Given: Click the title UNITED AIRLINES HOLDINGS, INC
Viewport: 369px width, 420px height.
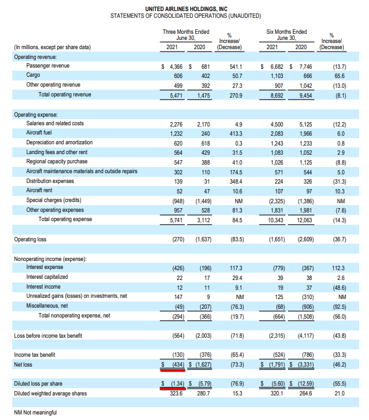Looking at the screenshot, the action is (186, 9).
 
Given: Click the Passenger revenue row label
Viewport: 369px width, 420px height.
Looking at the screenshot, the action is (48, 66).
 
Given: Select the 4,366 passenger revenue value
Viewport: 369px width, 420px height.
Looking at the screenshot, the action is (176, 67).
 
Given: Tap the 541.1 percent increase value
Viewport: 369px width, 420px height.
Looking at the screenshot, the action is (236, 67).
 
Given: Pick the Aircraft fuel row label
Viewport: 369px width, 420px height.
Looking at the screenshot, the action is (39, 133).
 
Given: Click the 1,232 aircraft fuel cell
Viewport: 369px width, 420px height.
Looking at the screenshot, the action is (176, 134).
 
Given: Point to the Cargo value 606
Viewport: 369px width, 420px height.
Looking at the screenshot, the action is (178, 76).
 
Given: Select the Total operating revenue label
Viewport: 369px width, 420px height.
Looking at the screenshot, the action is (65, 95).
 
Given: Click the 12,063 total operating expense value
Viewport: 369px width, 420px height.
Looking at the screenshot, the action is (305, 220).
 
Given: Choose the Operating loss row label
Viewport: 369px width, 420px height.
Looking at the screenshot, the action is (30, 239).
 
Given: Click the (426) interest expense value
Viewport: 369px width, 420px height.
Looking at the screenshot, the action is (178, 268).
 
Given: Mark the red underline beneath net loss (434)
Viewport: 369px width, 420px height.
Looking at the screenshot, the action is (173, 371).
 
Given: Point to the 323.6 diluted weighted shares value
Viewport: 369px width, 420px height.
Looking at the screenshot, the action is (176, 394).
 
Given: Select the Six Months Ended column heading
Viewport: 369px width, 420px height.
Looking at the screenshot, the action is (287, 32).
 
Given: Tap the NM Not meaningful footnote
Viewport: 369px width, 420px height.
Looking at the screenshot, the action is (36, 413).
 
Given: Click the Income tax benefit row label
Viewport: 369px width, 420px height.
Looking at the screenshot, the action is (34, 355).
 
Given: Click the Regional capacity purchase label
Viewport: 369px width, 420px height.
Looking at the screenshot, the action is (56, 161).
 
